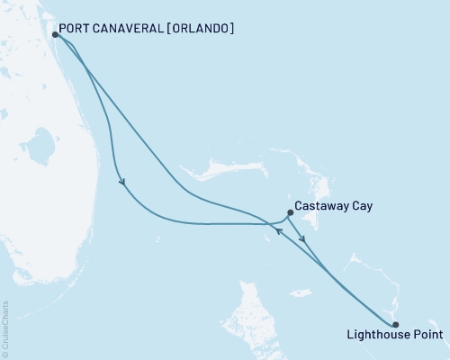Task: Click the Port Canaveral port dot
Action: point(56,34)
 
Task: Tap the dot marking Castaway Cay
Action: point(290,213)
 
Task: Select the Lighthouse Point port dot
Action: point(396,325)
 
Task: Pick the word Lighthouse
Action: point(375,337)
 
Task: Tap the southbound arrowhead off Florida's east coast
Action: point(121,183)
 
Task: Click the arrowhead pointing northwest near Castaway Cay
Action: point(279,231)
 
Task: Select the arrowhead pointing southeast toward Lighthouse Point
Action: point(304,240)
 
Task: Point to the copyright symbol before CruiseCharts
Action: point(6,354)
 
